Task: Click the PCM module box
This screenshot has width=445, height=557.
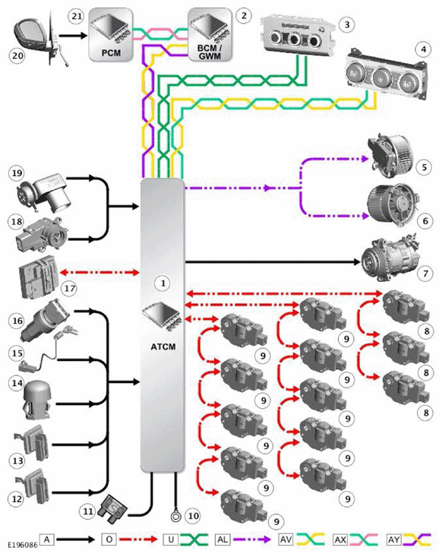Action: pos(111,35)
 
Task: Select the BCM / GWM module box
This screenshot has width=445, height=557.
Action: pos(210,35)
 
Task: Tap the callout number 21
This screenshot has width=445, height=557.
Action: pos(77,17)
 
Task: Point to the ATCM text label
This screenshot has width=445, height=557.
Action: pos(163,347)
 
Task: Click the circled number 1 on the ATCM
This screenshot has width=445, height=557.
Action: pos(163,283)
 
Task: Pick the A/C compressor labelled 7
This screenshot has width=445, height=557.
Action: pos(389,258)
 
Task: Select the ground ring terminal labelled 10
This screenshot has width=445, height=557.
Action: pos(175,516)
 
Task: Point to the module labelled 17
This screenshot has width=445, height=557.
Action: pos(38,276)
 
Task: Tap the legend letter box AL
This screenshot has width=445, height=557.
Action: pos(222,540)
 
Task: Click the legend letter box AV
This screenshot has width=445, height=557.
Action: pos(286,540)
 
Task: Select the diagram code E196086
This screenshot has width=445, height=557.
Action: pos(22,545)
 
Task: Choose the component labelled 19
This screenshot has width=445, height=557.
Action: pos(43,191)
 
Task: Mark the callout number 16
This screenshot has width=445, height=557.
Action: pos(17,321)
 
